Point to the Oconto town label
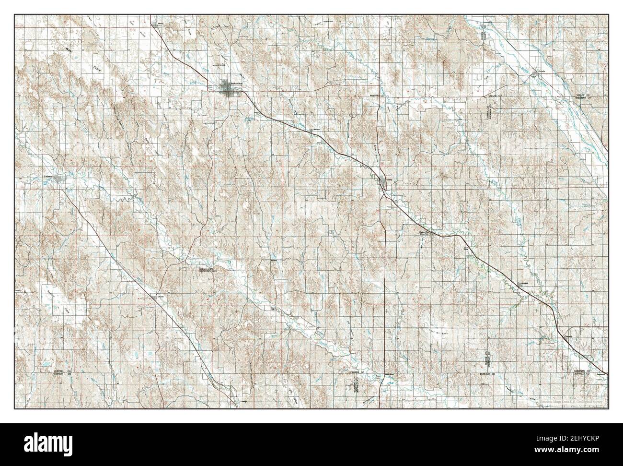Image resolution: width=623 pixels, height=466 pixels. tap(161, 297)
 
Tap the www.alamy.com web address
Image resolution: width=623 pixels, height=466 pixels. tap(574, 453)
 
